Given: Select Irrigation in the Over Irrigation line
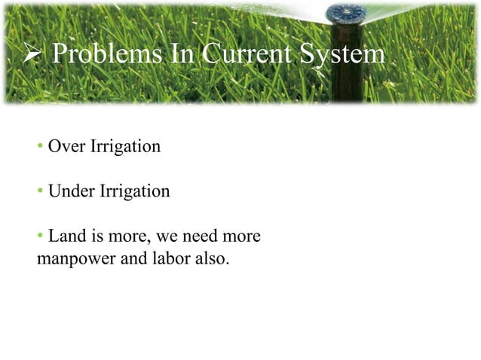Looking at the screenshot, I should [124, 146].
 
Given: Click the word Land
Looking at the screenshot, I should [65, 236].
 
